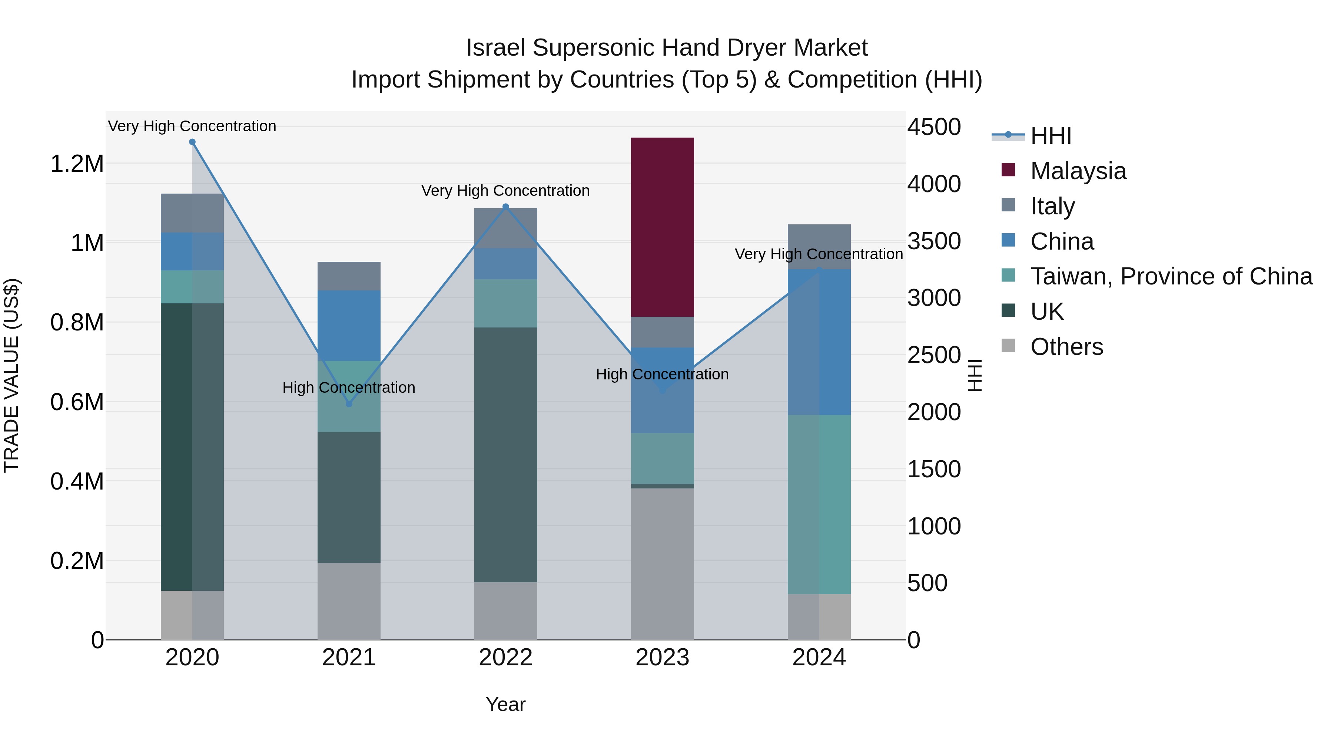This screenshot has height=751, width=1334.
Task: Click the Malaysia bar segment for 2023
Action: [x=662, y=227]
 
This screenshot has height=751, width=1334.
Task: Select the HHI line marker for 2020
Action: [x=192, y=142]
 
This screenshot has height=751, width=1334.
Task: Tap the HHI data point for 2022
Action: [x=506, y=207]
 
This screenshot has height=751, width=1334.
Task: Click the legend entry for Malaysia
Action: [x=1078, y=171]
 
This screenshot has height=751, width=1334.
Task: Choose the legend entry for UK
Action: [x=1046, y=312]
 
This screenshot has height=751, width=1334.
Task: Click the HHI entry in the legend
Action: [x=1051, y=136]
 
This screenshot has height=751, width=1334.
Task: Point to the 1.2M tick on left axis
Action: [x=77, y=164]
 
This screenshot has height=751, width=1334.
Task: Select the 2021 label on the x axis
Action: [x=349, y=658]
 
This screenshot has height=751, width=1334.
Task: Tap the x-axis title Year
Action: [x=505, y=704]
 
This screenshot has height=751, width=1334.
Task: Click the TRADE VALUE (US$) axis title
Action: [x=11, y=375]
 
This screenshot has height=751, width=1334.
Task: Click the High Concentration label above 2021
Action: [x=349, y=388]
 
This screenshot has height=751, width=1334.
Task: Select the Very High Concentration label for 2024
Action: [x=818, y=254]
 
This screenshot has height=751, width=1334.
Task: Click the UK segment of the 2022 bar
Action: [x=505, y=455]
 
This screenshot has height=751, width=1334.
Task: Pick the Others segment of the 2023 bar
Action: [x=662, y=563]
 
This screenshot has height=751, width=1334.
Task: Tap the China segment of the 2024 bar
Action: [x=819, y=342]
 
